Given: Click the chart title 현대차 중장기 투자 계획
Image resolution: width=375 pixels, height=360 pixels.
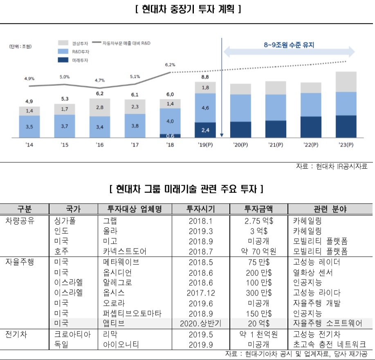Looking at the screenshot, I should click(187, 9).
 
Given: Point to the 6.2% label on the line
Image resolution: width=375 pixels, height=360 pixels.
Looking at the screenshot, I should click(170, 65).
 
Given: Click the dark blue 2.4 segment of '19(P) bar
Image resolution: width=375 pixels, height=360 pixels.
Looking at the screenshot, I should click(205, 130).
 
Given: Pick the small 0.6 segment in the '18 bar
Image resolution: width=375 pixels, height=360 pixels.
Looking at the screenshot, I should click(170, 136).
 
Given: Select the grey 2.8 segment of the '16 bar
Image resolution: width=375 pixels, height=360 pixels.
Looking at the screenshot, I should click(100, 107).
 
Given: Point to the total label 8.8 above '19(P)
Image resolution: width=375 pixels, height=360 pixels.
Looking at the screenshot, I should click(205, 77).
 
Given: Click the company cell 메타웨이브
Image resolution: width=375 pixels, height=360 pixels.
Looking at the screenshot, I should click(121, 262).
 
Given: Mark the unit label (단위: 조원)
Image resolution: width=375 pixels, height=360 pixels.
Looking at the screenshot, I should click(20, 46).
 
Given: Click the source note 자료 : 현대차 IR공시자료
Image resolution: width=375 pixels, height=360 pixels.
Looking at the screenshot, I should click(332, 166).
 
